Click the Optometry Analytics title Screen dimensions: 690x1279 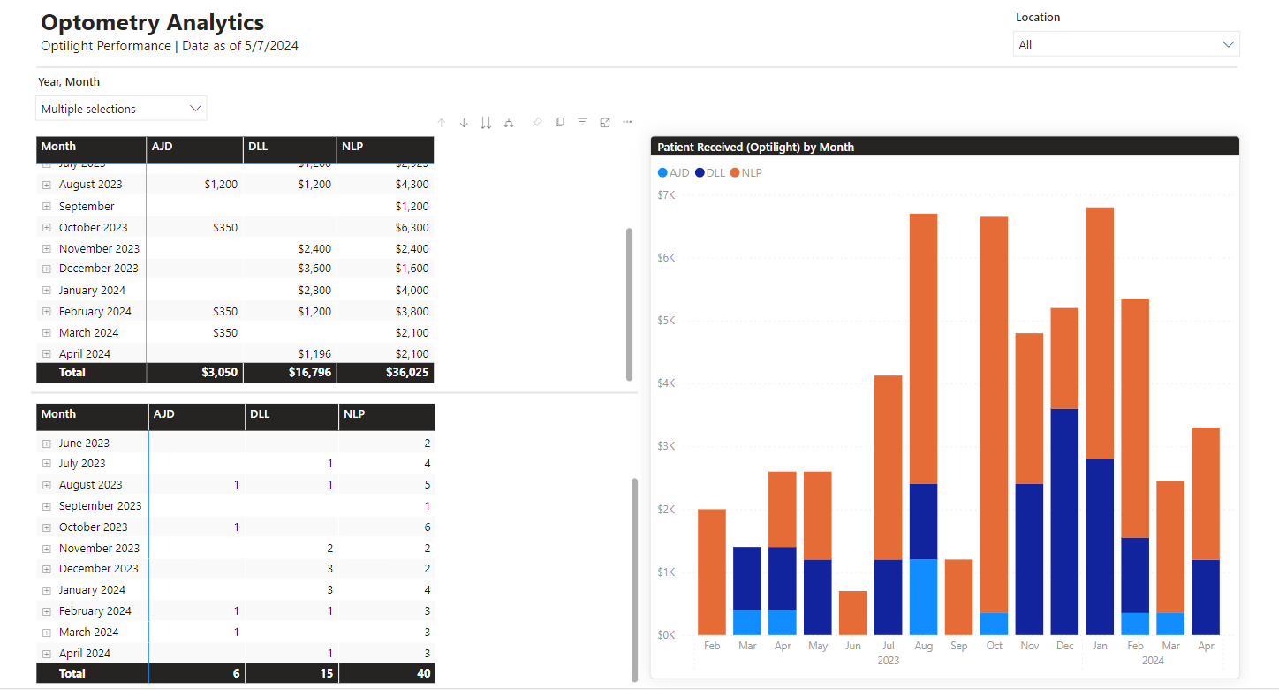pyautogui.click(x=152, y=23)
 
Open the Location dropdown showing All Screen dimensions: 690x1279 pyautogui.click(x=1125, y=44)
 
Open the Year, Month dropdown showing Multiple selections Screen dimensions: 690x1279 pyautogui.click(x=121, y=109)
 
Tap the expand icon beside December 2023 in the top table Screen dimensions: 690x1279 pyautogui.click(x=47, y=269)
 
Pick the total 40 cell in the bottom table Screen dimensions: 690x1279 pyautogui.click(x=422, y=673)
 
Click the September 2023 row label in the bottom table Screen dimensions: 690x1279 pyautogui.click(x=100, y=506)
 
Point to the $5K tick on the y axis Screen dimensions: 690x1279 pyautogui.click(x=666, y=321)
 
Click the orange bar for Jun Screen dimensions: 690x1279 pyautogui.click(x=852, y=613)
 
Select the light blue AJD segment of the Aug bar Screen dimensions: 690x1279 pyautogui.click(x=923, y=596)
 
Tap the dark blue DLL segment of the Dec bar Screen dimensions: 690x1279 pyautogui.click(x=1064, y=521)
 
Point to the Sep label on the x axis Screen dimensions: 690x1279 pyautogui.click(x=959, y=646)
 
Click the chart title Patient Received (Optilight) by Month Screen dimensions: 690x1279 pyautogui.click(x=755, y=148)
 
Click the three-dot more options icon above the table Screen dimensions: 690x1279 pyautogui.click(x=627, y=122)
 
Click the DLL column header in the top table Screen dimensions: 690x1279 pyautogui.click(x=259, y=147)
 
